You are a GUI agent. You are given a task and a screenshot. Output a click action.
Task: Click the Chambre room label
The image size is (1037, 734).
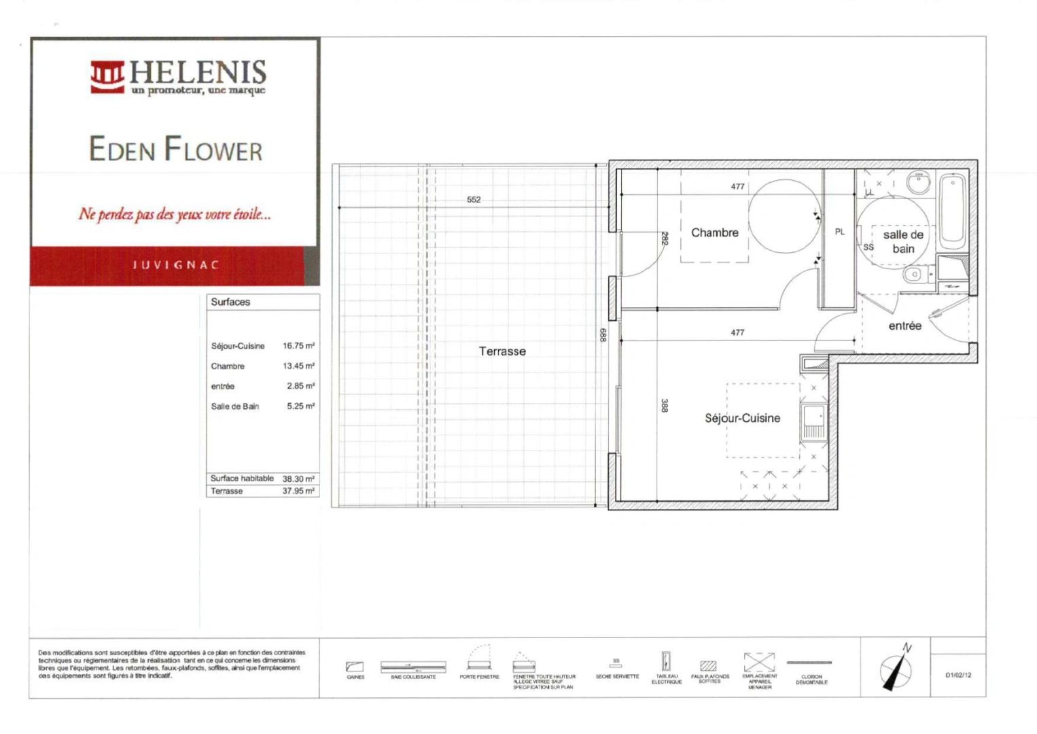point(714,232)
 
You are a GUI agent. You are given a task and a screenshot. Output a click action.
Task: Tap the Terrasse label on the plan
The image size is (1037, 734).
point(502,351)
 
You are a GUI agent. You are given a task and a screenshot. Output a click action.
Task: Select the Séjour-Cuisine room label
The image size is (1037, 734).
point(742,418)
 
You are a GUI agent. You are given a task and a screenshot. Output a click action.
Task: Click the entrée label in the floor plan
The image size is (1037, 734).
point(904,326)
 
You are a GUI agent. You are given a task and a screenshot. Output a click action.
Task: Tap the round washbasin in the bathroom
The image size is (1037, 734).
point(919,182)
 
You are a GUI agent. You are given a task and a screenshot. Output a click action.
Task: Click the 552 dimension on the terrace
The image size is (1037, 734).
point(474,200)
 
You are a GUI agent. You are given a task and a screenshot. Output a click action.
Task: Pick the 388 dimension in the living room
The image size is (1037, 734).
point(665,405)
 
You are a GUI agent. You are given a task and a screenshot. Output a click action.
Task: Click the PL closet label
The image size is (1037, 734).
point(840,232)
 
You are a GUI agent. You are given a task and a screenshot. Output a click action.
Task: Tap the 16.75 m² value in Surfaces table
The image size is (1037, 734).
point(298,346)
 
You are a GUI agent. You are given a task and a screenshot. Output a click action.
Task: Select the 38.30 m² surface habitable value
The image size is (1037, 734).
point(298,478)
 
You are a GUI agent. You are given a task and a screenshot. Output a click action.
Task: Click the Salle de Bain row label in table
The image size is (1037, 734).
point(235,406)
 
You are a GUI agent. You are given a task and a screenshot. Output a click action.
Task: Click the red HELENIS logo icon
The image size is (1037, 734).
point(107,77)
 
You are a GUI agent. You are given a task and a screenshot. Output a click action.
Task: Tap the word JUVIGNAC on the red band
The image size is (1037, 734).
point(176,265)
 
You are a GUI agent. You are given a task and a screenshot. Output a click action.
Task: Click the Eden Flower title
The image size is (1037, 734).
point(175,150)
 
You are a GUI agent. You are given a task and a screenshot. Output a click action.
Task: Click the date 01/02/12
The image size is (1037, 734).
point(958,675)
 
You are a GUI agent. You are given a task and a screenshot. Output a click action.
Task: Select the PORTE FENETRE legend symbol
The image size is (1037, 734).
point(479,659)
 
